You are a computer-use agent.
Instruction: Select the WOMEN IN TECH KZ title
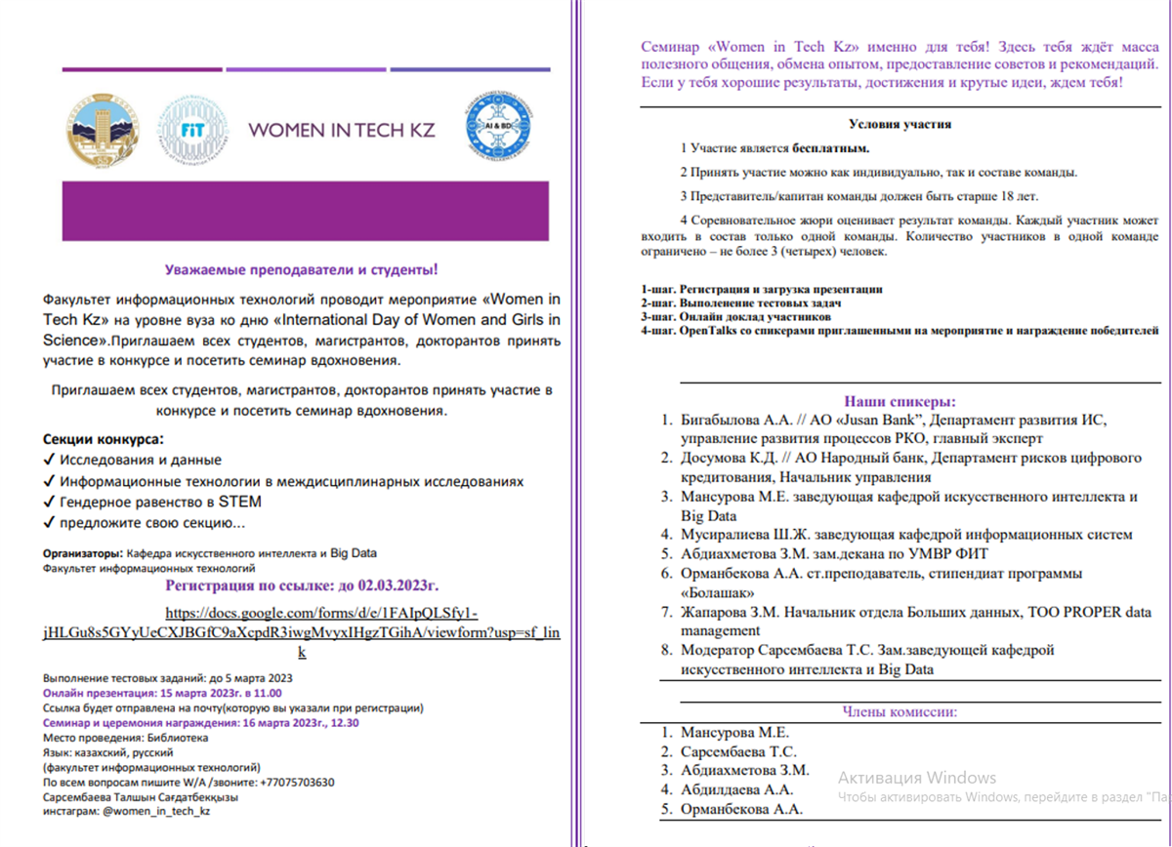click(342, 131)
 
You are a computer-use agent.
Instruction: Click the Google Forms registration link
click(302, 632)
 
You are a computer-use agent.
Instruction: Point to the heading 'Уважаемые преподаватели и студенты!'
click(301, 269)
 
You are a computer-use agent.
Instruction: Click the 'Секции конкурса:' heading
click(104, 439)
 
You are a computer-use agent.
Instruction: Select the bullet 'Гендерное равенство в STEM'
click(160, 502)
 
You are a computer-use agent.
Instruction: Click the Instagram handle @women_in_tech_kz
click(151, 810)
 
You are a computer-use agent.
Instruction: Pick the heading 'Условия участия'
click(900, 124)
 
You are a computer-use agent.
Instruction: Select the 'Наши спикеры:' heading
click(900, 401)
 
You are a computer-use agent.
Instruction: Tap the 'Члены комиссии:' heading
click(900, 711)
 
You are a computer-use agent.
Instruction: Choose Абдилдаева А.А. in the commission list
click(737, 789)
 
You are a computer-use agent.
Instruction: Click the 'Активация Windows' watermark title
click(916, 778)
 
